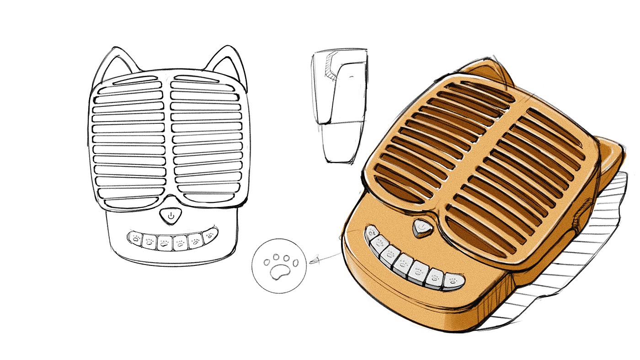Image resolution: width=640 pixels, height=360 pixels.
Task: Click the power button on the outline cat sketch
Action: point(171,215)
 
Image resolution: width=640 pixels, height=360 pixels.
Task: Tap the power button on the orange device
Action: point(421,227)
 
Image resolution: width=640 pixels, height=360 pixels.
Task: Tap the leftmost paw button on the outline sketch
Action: point(135,238)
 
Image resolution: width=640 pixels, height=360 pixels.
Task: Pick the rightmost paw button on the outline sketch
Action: point(210,236)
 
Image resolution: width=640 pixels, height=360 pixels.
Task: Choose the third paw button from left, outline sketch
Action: point(164,243)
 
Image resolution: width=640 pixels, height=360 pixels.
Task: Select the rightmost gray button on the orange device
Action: point(453,282)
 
